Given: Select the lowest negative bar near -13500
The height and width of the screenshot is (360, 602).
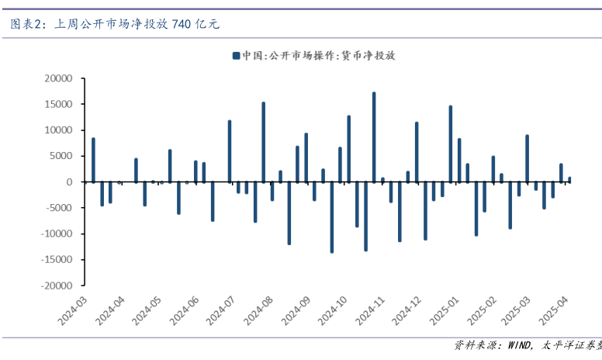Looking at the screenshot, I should pos(332,216).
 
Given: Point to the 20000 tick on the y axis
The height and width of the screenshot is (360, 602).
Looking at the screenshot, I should pos(59,78).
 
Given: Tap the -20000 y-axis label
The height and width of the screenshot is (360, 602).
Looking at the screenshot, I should pos(57,286).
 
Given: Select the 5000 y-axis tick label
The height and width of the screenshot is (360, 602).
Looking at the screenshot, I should pos(62,156).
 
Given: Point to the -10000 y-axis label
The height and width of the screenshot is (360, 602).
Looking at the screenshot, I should pos(57,234).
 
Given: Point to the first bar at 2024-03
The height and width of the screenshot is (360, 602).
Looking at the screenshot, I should pos(93,160).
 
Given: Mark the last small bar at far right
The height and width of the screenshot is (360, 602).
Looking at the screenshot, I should pos(569,179).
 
